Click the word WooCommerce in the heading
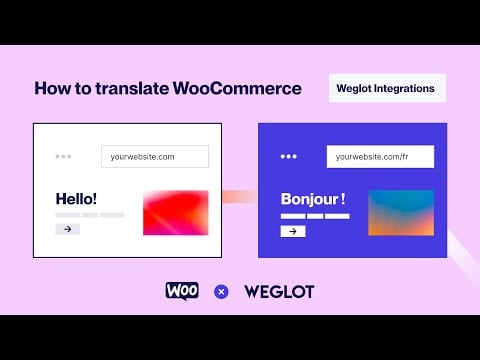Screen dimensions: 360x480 [237, 88]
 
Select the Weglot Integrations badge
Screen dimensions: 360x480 [387, 88]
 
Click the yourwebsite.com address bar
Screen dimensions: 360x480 [155, 156]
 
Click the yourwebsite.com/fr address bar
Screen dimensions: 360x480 [380, 156]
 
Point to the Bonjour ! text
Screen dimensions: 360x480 [314, 199]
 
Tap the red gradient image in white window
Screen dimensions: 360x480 [176, 212]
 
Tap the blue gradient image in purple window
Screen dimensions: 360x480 [401, 212]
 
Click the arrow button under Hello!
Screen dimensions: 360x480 [67, 229]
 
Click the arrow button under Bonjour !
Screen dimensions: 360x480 [292, 231]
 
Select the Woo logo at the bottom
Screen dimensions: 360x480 [182, 291]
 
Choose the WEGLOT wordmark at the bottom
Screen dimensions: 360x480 [279, 291]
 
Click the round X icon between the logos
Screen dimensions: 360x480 [222, 292]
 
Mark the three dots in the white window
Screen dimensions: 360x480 [64, 156]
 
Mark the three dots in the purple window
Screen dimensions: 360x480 [289, 156]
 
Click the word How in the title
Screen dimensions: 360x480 [53, 88]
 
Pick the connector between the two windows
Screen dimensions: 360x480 [240, 196]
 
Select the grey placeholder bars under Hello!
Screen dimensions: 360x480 [89, 215]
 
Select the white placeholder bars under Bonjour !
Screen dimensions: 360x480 [315, 216]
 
